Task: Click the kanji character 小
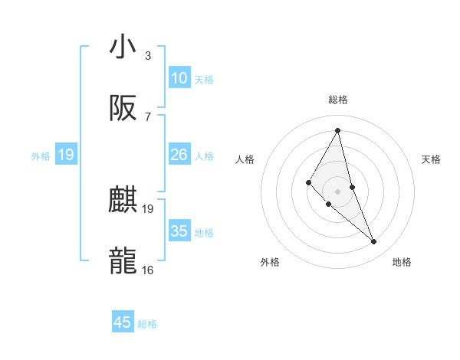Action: click(x=123, y=47)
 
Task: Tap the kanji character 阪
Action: click(x=123, y=109)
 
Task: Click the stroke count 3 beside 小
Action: click(x=148, y=56)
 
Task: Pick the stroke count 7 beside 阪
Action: click(x=148, y=117)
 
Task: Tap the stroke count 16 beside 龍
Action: click(x=148, y=270)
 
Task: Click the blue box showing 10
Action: click(x=179, y=78)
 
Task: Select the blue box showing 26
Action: click(x=179, y=155)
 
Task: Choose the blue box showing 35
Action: click(x=179, y=231)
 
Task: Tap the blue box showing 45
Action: click(x=123, y=322)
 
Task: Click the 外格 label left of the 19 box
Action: click(x=41, y=155)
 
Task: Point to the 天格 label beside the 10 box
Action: click(x=204, y=79)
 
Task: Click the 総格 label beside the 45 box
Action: click(x=147, y=324)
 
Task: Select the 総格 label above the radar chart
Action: click(x=338, y=100)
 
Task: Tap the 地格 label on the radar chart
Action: click(x=402, y=262)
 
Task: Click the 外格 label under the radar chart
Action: click(x=270, y=262)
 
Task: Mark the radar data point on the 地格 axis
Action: click(x=374, y=242)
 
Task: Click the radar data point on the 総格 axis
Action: click(x=338, y=129)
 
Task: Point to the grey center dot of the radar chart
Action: click(x=338, y=191)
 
